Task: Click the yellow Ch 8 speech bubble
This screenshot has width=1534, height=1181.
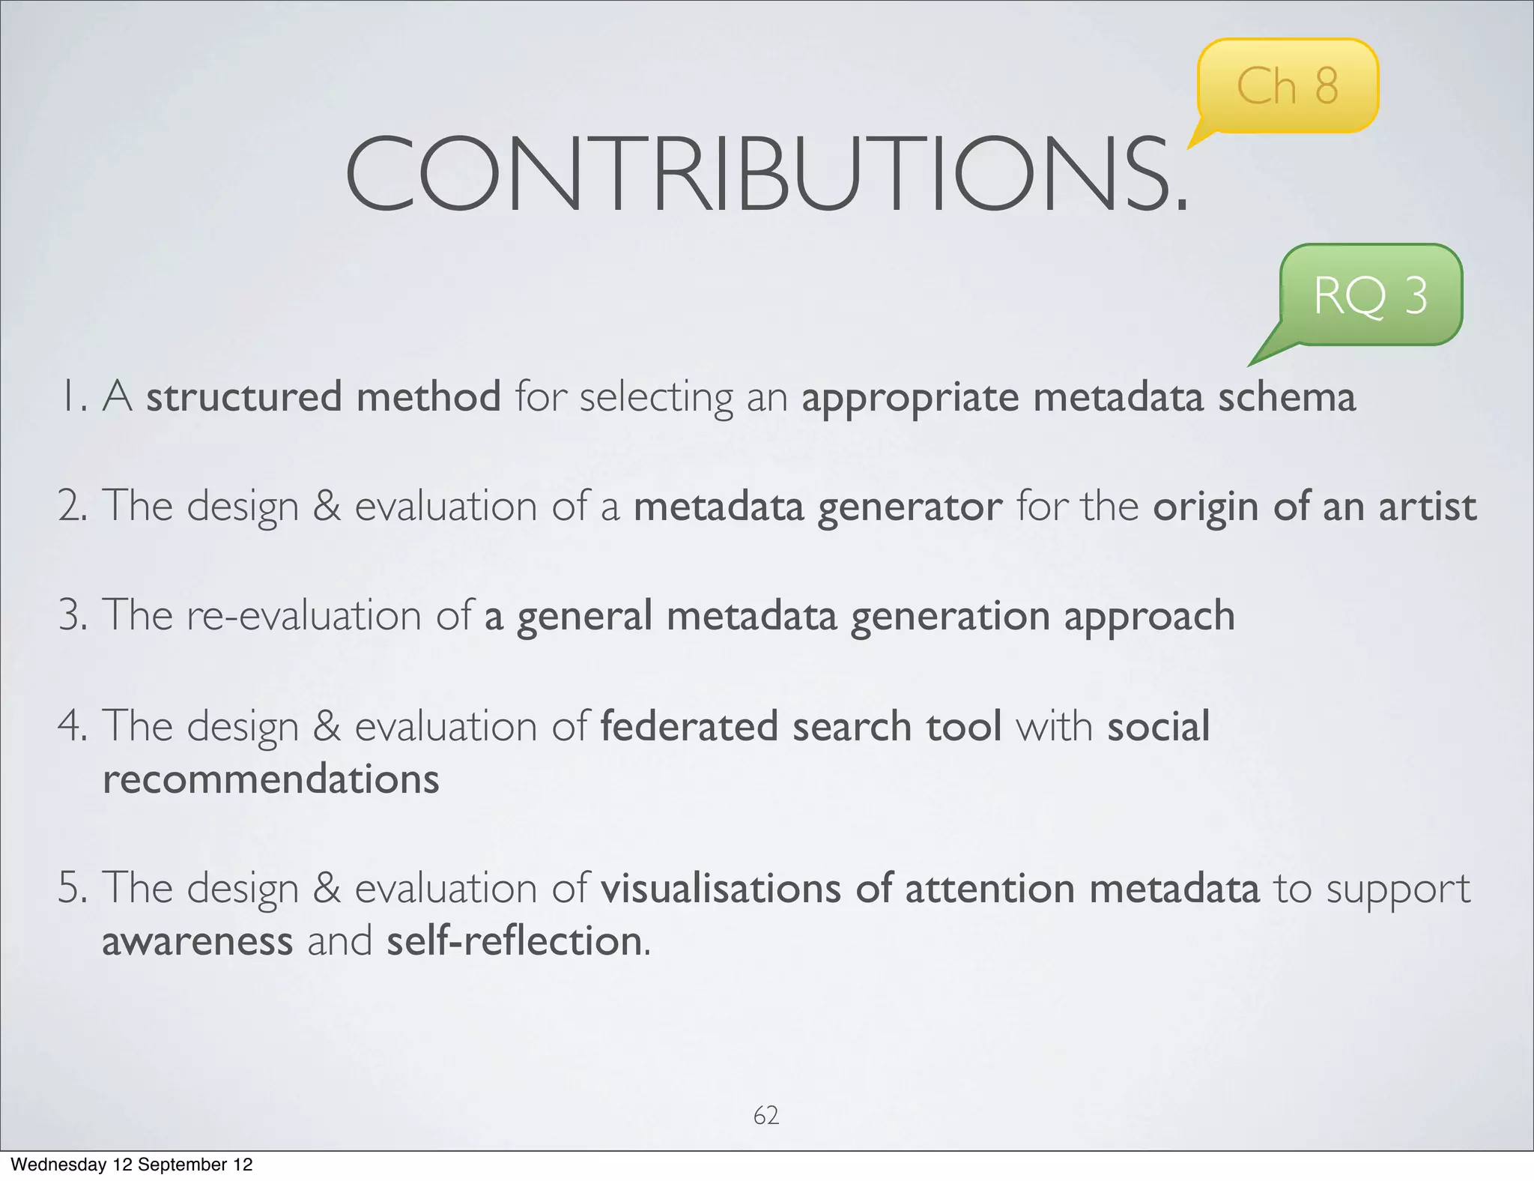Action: pos(1287,86)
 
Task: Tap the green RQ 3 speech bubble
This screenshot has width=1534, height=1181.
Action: pos(1371,295)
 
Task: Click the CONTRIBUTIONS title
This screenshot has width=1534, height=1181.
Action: pos(766,174)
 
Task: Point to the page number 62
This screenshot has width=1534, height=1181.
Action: pos(766,1115)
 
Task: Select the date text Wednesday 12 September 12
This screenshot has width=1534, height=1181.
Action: pos(132,1165)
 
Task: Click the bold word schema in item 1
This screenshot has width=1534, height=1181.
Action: pos(1286,397)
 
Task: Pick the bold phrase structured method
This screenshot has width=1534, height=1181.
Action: pos(323,397)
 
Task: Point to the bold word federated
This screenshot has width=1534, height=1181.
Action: pos(689,726)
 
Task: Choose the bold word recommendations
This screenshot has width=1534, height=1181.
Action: pos(270,779)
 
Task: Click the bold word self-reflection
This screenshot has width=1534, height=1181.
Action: pos(514,941)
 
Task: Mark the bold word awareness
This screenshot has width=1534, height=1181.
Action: pos(197,941)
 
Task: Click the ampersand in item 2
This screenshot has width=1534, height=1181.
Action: pos(326,507)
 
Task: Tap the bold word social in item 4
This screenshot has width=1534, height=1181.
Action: pos(1158,726)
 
